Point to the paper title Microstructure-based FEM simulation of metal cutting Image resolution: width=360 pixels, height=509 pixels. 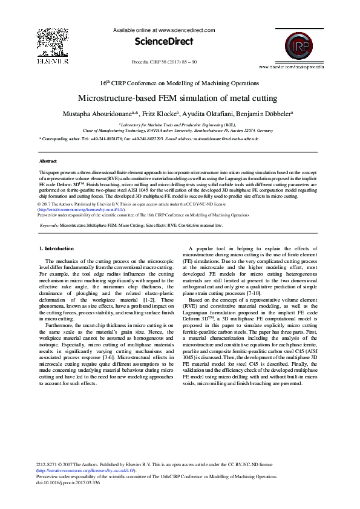177,99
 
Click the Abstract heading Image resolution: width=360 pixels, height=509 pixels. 48,161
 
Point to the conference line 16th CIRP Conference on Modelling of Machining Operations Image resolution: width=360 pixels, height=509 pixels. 180,83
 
